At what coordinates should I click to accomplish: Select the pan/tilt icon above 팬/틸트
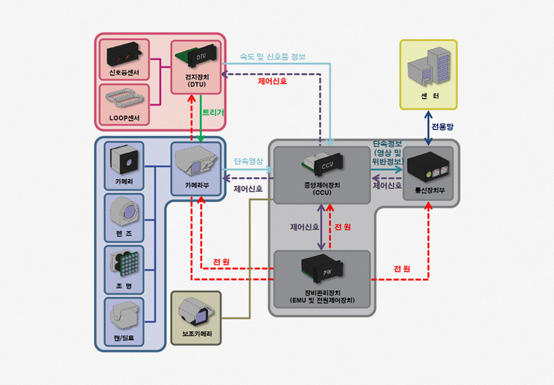124,313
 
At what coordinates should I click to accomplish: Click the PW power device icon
322,270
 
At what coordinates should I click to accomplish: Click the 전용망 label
443,127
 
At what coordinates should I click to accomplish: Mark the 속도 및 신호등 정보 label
273,57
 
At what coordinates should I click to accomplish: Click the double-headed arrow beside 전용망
427,127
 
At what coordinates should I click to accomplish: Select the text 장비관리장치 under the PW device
321,292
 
